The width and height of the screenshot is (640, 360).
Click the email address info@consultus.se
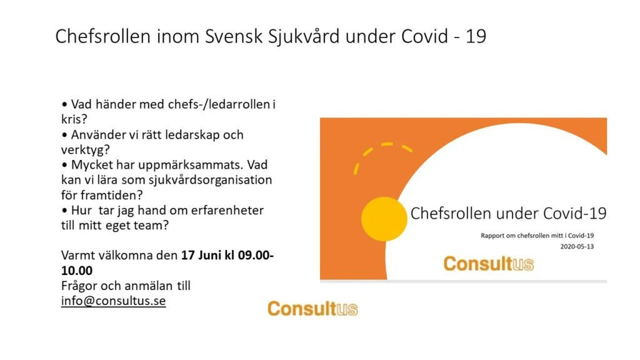pyautogui.click(x=114, y=301)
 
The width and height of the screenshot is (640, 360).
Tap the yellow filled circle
pyautogui.click(x=384, y=219)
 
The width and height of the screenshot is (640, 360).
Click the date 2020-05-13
pyautogui.click(x=577, y=246)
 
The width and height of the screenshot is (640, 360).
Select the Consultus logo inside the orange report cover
pyautogui.click(x=489, y=264)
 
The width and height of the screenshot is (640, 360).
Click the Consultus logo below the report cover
pyautogui.click(x=312, y=309)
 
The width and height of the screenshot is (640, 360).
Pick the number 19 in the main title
pyautogui.click(x=476, y=36)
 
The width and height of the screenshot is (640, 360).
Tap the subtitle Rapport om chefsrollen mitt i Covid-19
pyautogui.click(x=537, y=236)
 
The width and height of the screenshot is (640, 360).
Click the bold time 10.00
pyautogui.click(x=77, y=270)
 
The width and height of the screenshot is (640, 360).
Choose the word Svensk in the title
pyautogui.click(x=234, y=36)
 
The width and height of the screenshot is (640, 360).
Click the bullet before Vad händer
pyautogui.click(x=64, y=104)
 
